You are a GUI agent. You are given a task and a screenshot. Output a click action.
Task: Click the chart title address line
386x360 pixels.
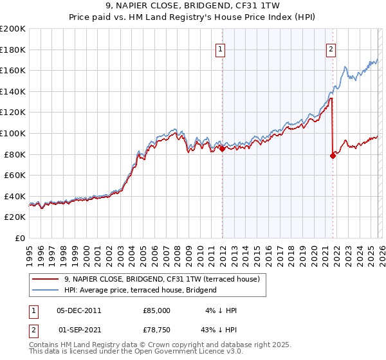193,6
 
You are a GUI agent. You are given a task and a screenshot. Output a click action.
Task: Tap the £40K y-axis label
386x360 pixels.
15,196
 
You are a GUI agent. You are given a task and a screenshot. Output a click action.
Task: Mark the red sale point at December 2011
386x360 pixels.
222,149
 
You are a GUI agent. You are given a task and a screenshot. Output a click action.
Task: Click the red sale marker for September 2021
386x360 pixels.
333,155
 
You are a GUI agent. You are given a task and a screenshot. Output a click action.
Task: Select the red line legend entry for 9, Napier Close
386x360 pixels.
161,279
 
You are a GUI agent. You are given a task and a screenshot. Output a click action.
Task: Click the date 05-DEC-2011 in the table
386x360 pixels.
78,310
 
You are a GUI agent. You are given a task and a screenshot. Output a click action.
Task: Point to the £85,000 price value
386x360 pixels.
156,310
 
